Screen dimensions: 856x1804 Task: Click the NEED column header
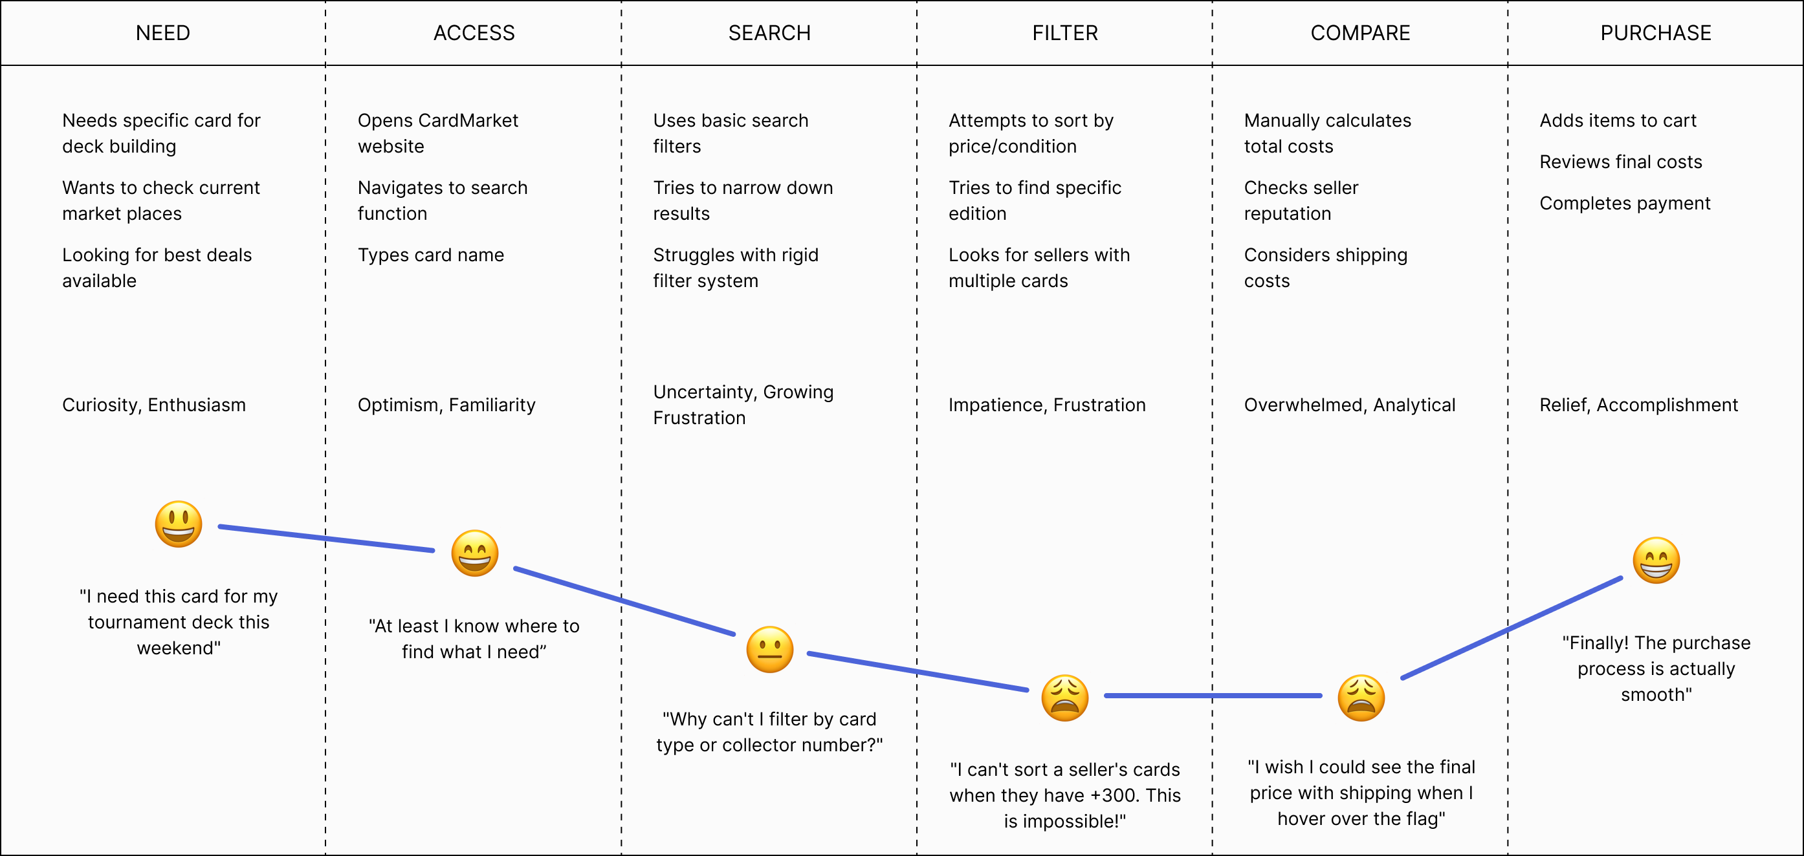coord(162,33)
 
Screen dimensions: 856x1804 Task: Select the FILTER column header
coord(1064,33)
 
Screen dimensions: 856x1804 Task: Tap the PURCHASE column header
coord(1656,33)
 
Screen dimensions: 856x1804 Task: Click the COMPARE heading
coord(1360,33)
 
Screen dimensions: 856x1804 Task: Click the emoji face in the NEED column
coord(179,524)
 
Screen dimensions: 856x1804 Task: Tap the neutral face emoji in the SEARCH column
coord(769,649)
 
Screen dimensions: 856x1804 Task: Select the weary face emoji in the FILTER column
coord(1064,697)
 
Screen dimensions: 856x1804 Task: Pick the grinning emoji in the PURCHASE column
coord(1656,560)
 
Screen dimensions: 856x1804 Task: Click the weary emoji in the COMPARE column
coord(1361,697)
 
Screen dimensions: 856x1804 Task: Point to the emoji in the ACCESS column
coord(474,553)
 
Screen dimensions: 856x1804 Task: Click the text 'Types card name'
coord(431,255)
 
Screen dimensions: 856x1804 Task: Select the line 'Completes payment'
coord(1625,203)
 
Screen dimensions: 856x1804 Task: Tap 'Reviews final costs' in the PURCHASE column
coord(1620,162)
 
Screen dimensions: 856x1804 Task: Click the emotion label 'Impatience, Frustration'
coord(1047,405)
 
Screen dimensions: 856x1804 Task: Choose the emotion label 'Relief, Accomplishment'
coord(1638,405)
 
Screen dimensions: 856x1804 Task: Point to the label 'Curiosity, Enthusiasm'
coord(154,405)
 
